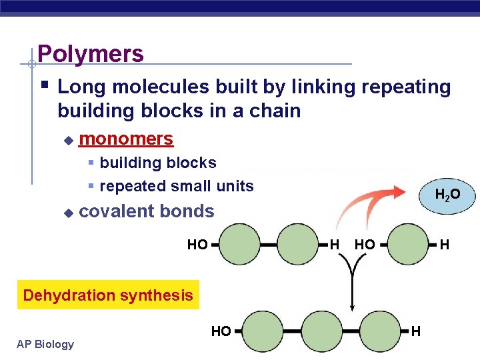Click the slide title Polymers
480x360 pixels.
point(91,53)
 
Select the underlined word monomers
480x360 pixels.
point(126,139)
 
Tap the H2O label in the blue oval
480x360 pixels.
point(447,195)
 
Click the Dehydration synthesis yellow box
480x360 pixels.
point(108,295)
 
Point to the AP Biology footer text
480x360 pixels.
point(45,344)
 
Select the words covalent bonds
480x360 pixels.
point(147,212)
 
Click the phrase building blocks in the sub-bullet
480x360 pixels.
point(158,163)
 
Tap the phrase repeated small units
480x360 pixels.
point(177,186)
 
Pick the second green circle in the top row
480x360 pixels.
point(298,244)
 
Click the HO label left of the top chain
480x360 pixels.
point(197,245)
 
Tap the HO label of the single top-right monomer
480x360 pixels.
point(365,245)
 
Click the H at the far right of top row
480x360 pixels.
point(445,245)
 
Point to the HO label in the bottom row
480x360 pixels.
point(221,331)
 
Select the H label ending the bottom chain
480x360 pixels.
point(416,331)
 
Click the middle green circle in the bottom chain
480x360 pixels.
point(322,331)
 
